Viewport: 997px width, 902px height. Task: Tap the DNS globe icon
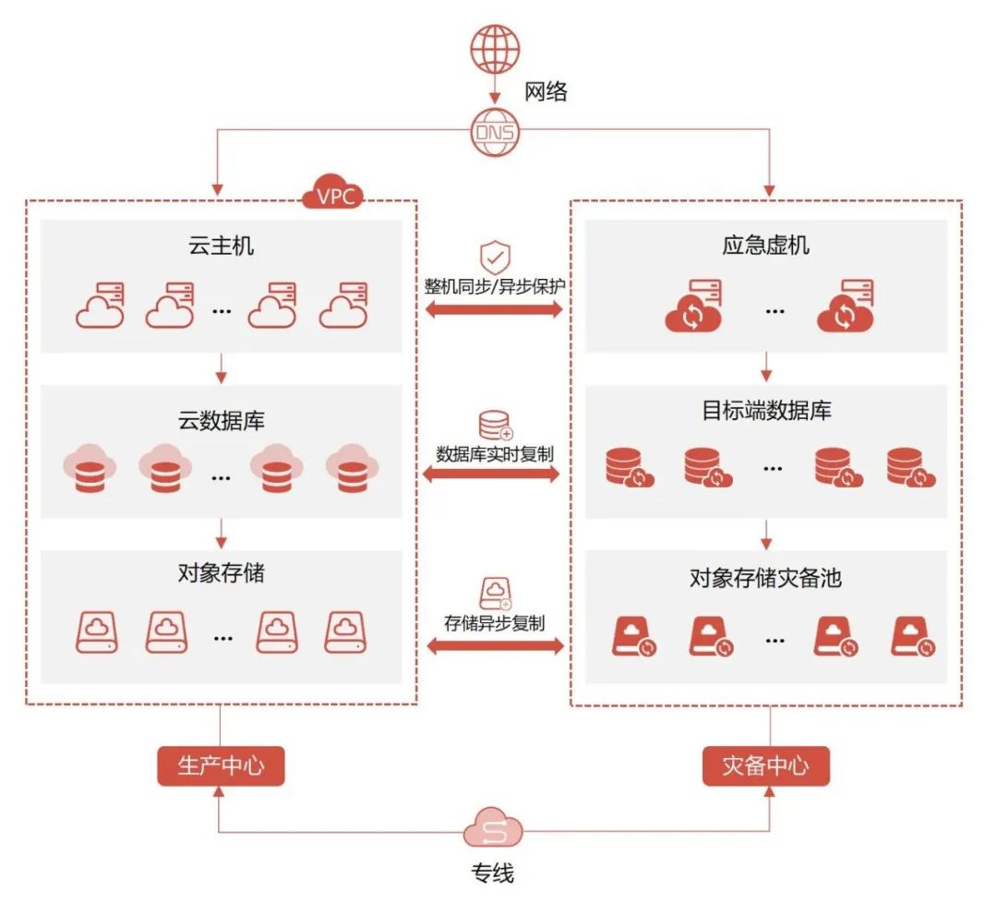pyautogui.click(x=495, y=133)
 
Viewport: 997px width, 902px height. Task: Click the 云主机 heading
pyautogui.click(x=221, y=246)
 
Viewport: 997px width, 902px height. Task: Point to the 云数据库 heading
pyautogui.click(x=221, y=422)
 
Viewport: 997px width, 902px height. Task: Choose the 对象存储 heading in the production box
pyautogui.click(x=221, y=573)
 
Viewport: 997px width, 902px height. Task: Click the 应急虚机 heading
pyautogui.click(x=765, y=246)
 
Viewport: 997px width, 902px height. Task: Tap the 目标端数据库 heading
pyautogui.click(x=766, y=411)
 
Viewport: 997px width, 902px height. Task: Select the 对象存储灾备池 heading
pyautogui.click(x=765, y=579)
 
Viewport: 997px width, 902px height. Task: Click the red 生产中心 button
pyautogui.click(x=220, y=765)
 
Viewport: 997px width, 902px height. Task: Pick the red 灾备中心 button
pyautogui.click(x=765, y=765)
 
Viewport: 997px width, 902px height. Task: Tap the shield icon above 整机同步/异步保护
pyautogui.click(x=494, y=256)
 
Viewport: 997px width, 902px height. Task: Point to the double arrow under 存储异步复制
pyautogui.click(x=495, y=646)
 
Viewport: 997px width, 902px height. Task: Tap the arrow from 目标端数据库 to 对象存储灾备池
pyautogui.click(x=765, y=533)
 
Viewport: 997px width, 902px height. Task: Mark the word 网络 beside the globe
pyautogui.click(x=546, y=91)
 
